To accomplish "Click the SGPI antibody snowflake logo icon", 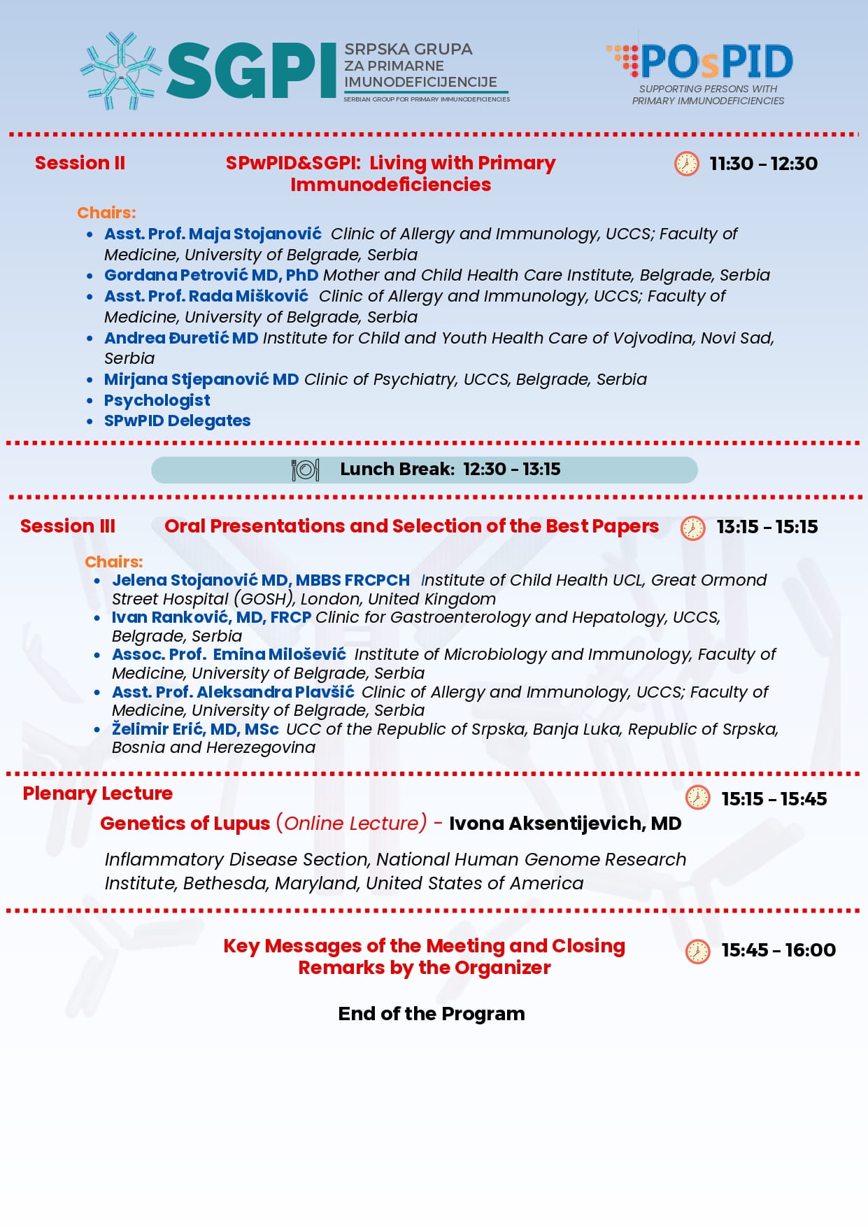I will pos(121,70).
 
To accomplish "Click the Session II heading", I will pos(80,163).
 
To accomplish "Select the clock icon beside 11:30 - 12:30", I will pos(686,164).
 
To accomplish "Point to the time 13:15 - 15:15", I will pos(767,527).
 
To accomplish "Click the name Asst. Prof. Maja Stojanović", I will pos(213,234).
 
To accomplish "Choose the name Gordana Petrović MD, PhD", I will pos(211,275).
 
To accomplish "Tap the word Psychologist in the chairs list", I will pos(157,400).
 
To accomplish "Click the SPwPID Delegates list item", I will pos(177,421).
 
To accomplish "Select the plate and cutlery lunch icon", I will pos(305,470).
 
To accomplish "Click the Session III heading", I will pos(68,526).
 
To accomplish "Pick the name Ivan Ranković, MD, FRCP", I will pos(211,617).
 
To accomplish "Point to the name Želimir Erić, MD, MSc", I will pos(195,729).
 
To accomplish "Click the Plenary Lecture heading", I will pos(97,793).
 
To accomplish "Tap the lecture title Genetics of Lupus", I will pos(185,824).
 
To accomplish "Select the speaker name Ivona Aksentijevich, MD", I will pos(564,824).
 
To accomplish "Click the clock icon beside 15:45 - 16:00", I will pos(697,951).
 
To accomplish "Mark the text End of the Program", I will pos(431,1014).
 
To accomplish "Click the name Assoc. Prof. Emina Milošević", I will pos(229,654).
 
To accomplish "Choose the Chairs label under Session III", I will pos(113,562).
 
